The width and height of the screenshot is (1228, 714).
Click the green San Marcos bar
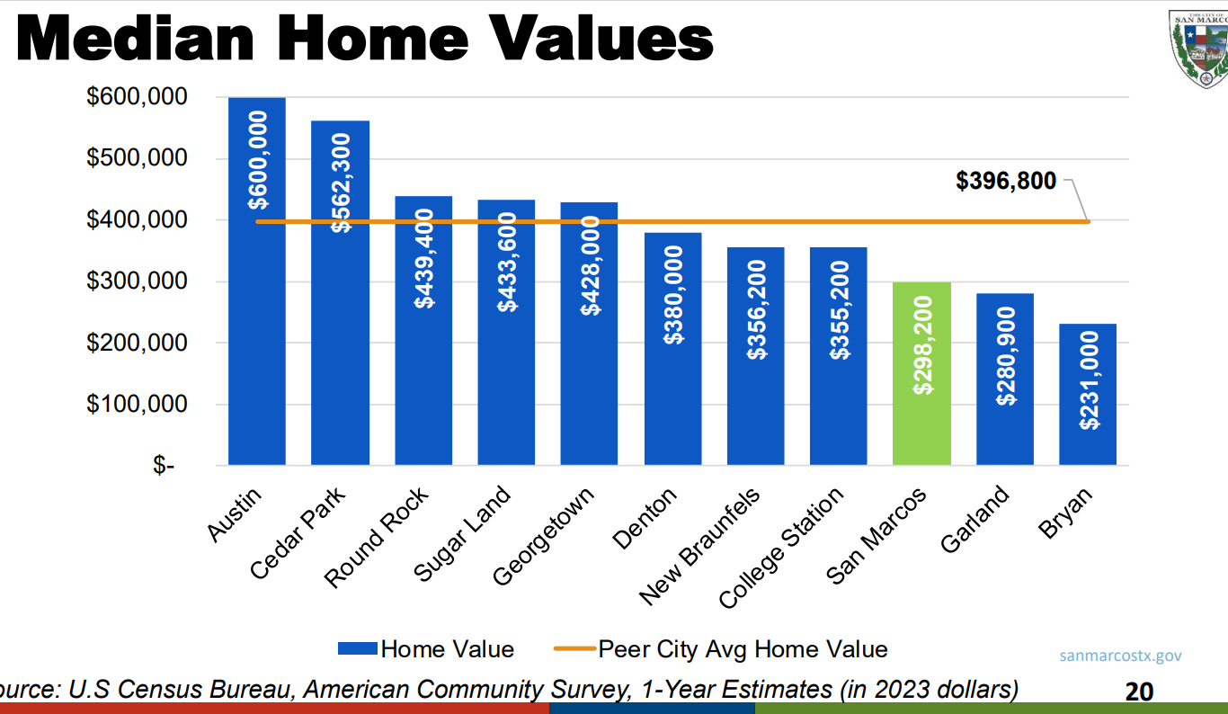(921, 373)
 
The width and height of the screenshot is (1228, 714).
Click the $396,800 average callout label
(1006, 181)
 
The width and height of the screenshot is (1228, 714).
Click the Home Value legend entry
(425, 649)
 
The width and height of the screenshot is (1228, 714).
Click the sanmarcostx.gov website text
(1120, 656)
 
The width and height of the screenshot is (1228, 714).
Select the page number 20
(1139, 692)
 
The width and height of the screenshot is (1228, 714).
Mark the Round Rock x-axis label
(378, 537)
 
